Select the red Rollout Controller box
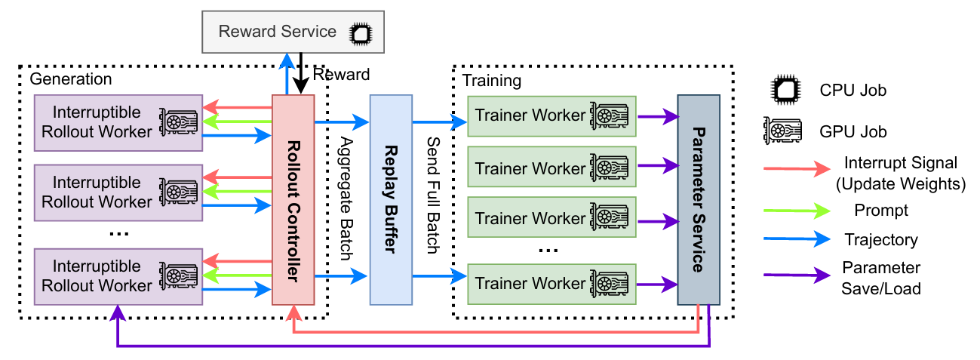(293, 200)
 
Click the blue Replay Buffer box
(391, 200)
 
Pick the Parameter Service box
(698, 200)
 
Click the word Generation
(70, 79)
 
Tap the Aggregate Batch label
(346, 198)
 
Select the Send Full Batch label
(433, 195)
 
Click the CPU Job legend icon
(786, 91)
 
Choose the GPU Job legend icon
(786, 131)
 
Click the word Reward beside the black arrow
(342, 75)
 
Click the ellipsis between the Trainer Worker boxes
(550, 249)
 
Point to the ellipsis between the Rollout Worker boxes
(118, 234)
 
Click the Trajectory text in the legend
(881, 241)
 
